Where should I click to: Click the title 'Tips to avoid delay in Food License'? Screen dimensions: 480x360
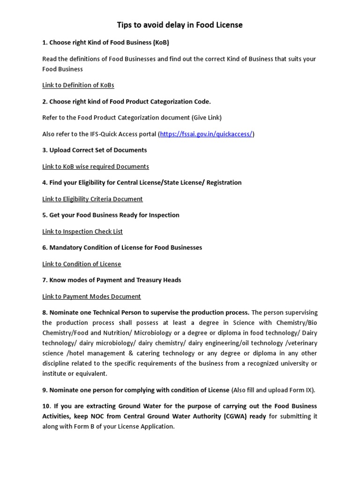coord(180,25)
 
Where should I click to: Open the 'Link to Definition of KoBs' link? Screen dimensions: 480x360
coord(78,85)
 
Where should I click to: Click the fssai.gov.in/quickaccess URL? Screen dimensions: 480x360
coord(206,134)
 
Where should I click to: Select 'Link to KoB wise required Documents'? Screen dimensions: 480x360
coord(96,166)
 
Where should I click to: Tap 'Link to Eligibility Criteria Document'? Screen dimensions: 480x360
coord(92,199)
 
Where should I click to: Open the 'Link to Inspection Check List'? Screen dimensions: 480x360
coord(82,232)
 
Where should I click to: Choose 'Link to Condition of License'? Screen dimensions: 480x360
coord(82,264)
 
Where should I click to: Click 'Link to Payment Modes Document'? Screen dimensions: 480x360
coord(91,296)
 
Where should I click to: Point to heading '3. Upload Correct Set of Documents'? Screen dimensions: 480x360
coord(94,150)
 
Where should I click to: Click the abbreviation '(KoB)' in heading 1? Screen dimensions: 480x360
coord(161,43)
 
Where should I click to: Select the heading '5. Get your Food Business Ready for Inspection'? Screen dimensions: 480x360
coord(111,215)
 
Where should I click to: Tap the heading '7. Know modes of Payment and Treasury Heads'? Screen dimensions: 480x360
coord(112,280)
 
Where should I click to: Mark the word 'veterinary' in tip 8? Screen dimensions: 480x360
coord(299,343)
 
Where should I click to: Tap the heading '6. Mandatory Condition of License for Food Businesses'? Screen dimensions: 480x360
coord(122,247)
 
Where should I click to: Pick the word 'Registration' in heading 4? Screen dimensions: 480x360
coord(224,182)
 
